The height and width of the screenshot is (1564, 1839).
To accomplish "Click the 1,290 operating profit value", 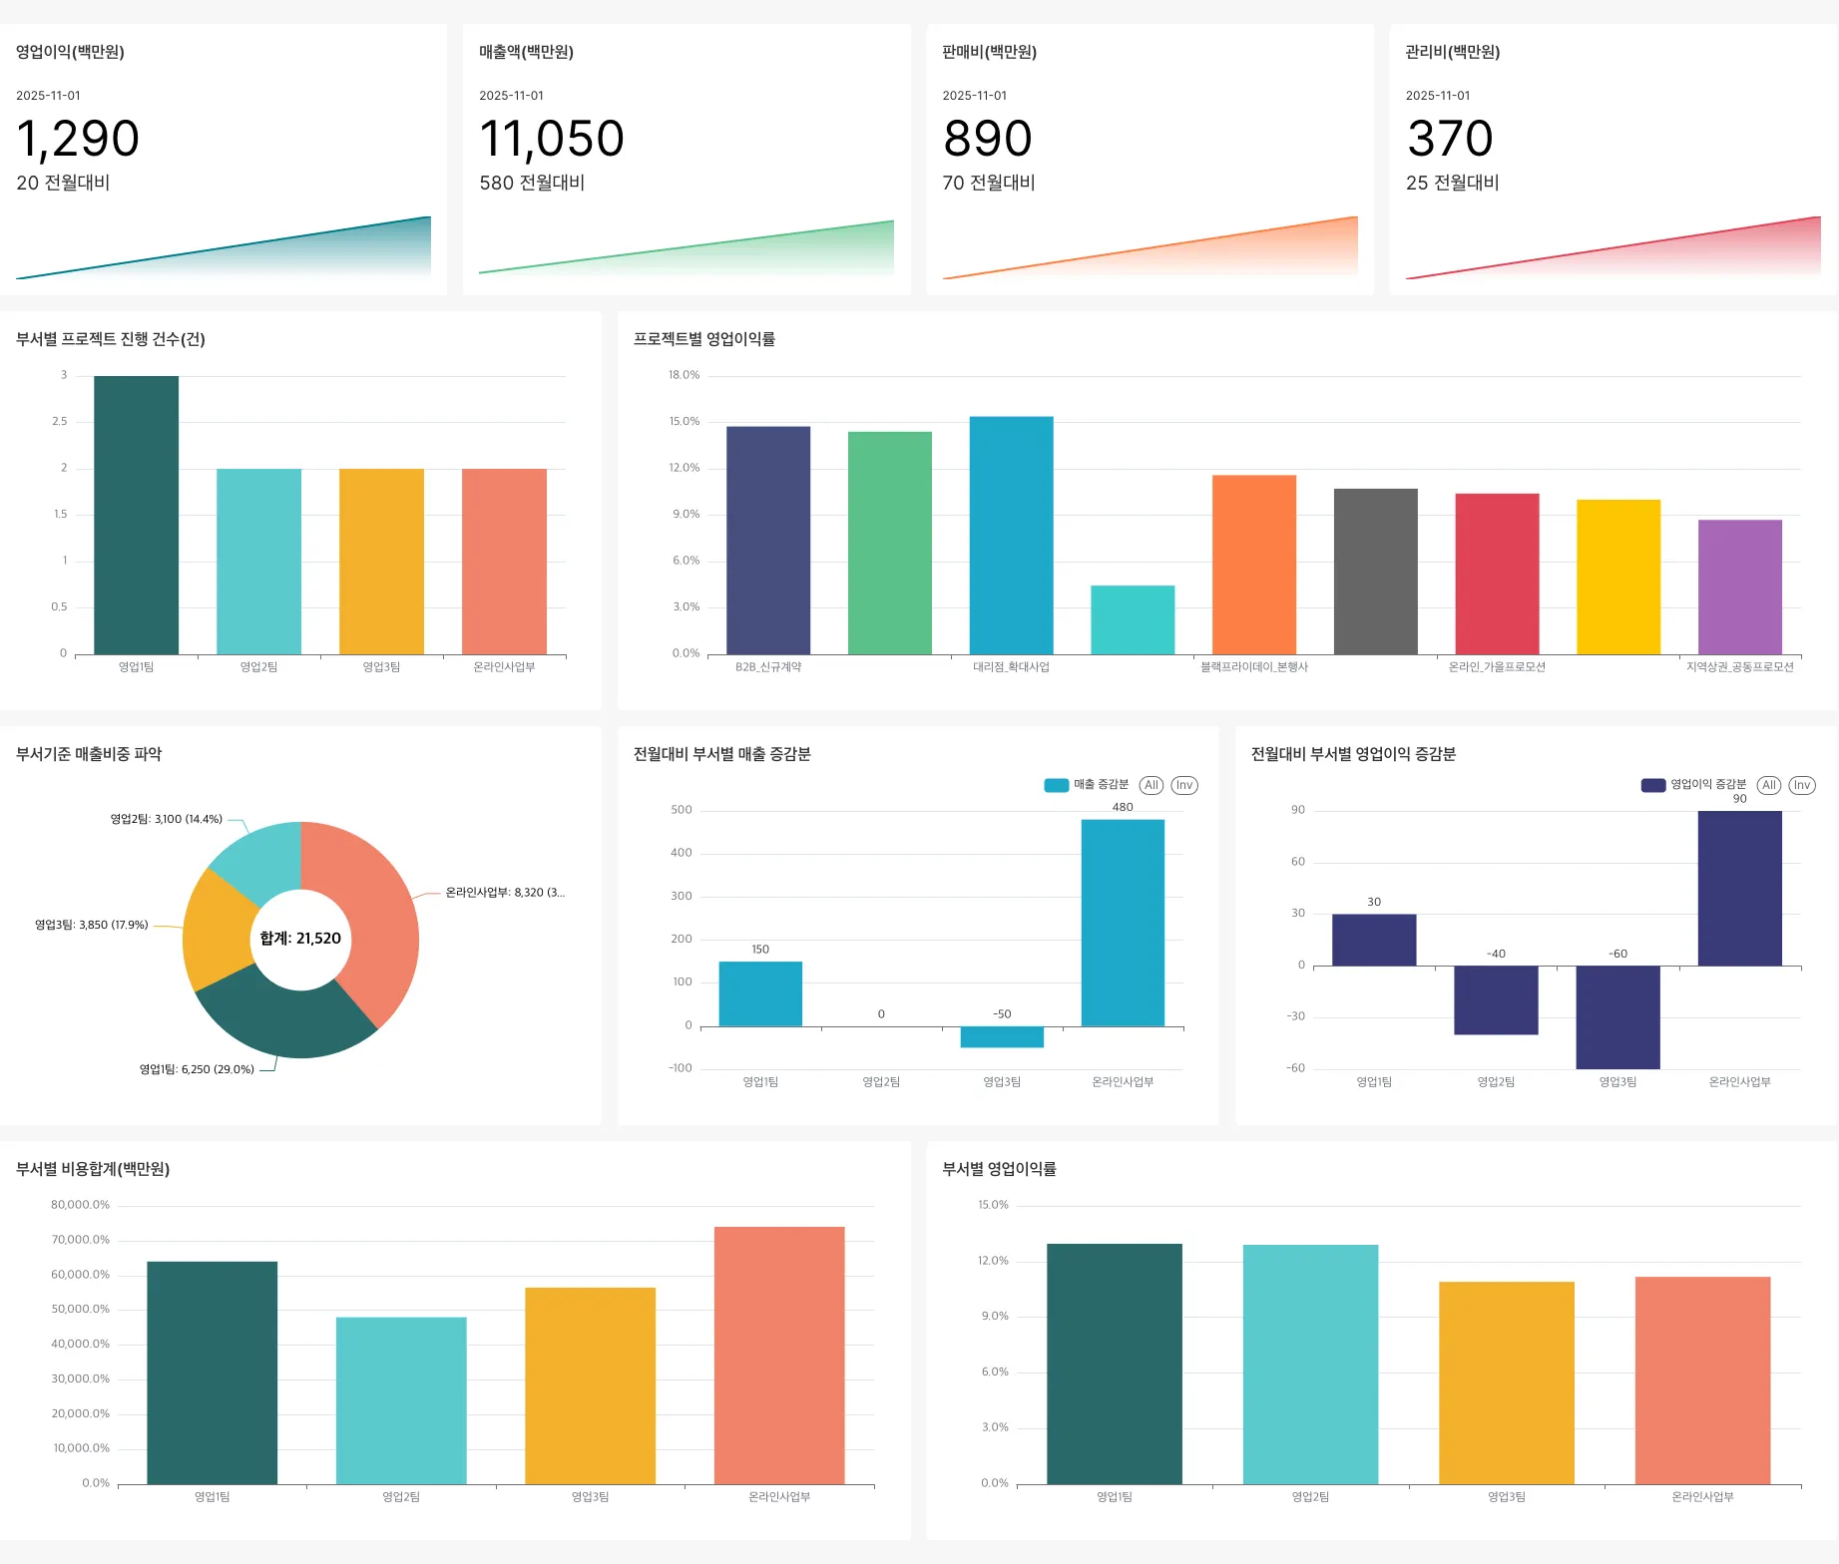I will pyautogui.click(x=78, y=139).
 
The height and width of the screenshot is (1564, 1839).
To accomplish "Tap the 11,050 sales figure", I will pyautogui.click(x=552, y=139).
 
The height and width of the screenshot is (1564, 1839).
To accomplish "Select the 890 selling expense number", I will pyautogui.click(x=987, y=139).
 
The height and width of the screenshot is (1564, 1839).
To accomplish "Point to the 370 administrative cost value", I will pyautogui.click(x=1450, y=139).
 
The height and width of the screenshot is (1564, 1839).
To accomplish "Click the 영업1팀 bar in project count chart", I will pyautogui.click(x=136, y=515).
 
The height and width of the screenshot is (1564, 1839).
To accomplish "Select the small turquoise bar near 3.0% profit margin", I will pyautogui.click(x=1133, y=619).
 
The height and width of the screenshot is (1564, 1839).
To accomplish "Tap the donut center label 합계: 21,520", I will pyautogui.click(x=300, y=939).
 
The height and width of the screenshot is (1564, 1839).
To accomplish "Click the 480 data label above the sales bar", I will pyautogui.click(x=1123, y=807).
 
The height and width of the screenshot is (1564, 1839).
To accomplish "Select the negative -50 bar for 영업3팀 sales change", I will pyautogui.click(x=1002, y=1036).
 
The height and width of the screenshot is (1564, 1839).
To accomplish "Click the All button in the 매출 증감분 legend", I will pyautogui.click(x=1151, y=785).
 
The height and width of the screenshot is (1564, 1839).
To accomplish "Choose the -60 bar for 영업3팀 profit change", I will pyautogui.click(x=1617, y=1016).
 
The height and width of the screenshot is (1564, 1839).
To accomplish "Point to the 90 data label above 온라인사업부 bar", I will pyautogui.click(x=1739, y=799).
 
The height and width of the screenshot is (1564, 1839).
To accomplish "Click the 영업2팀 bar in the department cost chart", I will pyautogui.click(x=401, y=1400).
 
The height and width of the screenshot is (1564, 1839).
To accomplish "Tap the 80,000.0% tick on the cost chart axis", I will pyautogui.click(x=80, y=1205).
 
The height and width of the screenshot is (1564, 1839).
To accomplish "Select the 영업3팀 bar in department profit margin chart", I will pyautogui.click(x=1506, y=1382).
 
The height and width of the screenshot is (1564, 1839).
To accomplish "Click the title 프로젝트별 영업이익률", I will pyautogui.click(x=704, y=339).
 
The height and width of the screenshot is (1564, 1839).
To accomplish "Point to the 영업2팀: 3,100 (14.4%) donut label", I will pyautogui.click(x=166, y=819).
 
